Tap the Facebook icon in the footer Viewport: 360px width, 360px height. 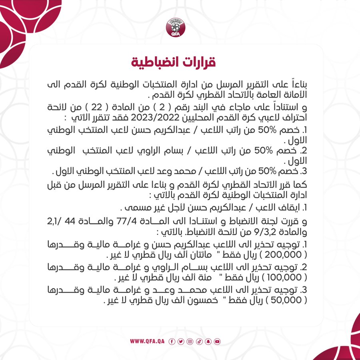(x=172, y=341)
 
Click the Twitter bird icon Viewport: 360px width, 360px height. (x=181, y=341)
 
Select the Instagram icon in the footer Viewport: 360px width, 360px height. (x=190, y=341)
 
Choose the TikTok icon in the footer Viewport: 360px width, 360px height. (x=199, y=341)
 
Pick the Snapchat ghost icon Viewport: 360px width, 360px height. (x=208, y=341)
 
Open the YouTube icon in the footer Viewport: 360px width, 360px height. (x=217, y=341)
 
